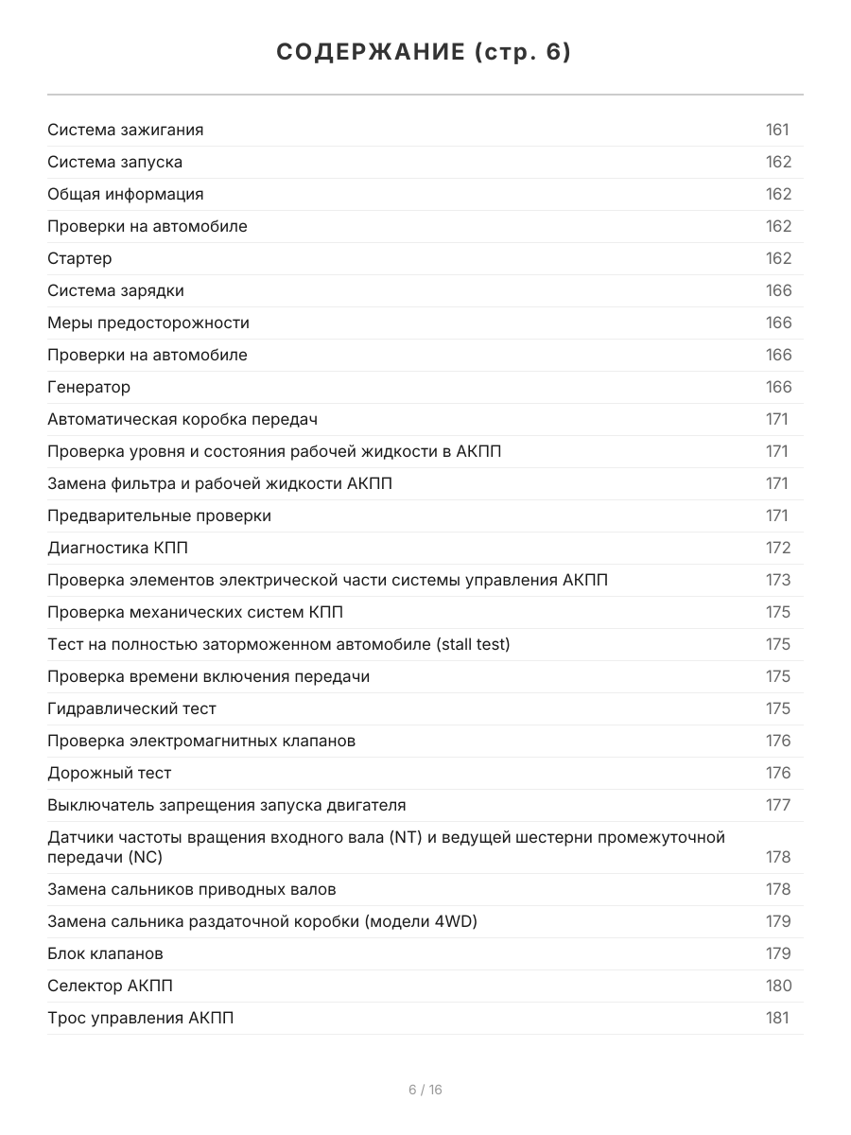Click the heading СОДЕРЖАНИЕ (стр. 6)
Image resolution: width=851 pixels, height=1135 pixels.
tap(425, 53)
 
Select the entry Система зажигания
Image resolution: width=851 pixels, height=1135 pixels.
tap(126, 131)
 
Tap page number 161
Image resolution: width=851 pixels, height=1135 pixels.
tap(777, 131)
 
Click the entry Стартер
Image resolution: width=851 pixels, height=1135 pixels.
tap(79, 259)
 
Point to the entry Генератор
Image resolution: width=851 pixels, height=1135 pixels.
tap(89, 388)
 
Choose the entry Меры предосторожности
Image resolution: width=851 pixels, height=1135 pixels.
tap(148, 323)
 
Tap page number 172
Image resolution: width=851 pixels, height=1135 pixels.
tap(777, 549)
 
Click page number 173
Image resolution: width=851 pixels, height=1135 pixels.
tap(777, 581)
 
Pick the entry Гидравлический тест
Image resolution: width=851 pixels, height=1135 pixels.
tap(131, 709)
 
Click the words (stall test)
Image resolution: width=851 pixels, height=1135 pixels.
tap(473, 645)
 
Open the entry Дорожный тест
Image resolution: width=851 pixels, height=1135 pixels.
tap(110, 774)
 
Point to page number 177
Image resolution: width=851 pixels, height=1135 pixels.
tap(777, 806)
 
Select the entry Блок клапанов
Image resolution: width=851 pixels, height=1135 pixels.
tap(105, 953)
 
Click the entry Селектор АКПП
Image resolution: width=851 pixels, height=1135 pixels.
tap(110, 986)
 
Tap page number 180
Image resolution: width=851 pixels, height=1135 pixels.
tap(778, 986)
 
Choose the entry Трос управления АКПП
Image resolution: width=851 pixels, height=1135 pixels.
tap(140, 1018)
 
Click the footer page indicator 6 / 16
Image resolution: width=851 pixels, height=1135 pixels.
tap(425, 1090)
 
